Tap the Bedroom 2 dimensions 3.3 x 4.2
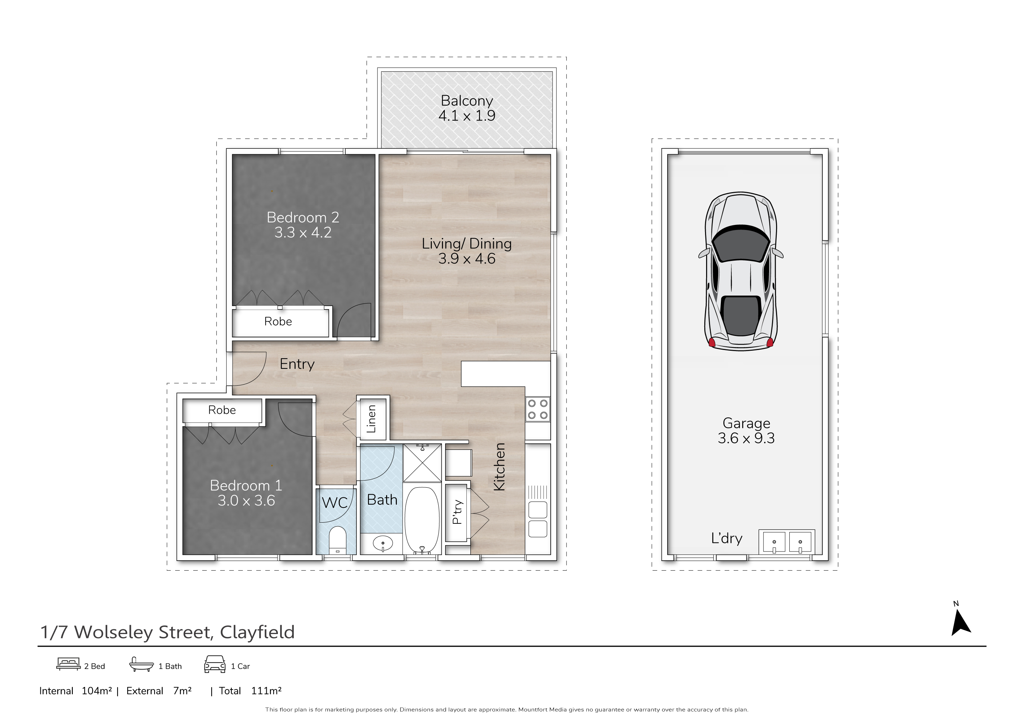click(x=303, y=232)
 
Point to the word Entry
click(x=297, y=364)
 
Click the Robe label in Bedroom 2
click(x=278, y=322)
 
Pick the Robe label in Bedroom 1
click(x=222, y=410)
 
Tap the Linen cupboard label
click(x=371, y=419)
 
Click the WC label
click(x=334, y=503)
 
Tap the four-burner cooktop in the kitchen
click(x=537, y=409)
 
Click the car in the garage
click(x=741, y=271)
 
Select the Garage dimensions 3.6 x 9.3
click(x=746, y=438)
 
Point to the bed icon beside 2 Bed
click(x=68, y=664)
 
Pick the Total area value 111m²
click(x=266, y=691)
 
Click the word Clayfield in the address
click(x=257, y=632)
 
